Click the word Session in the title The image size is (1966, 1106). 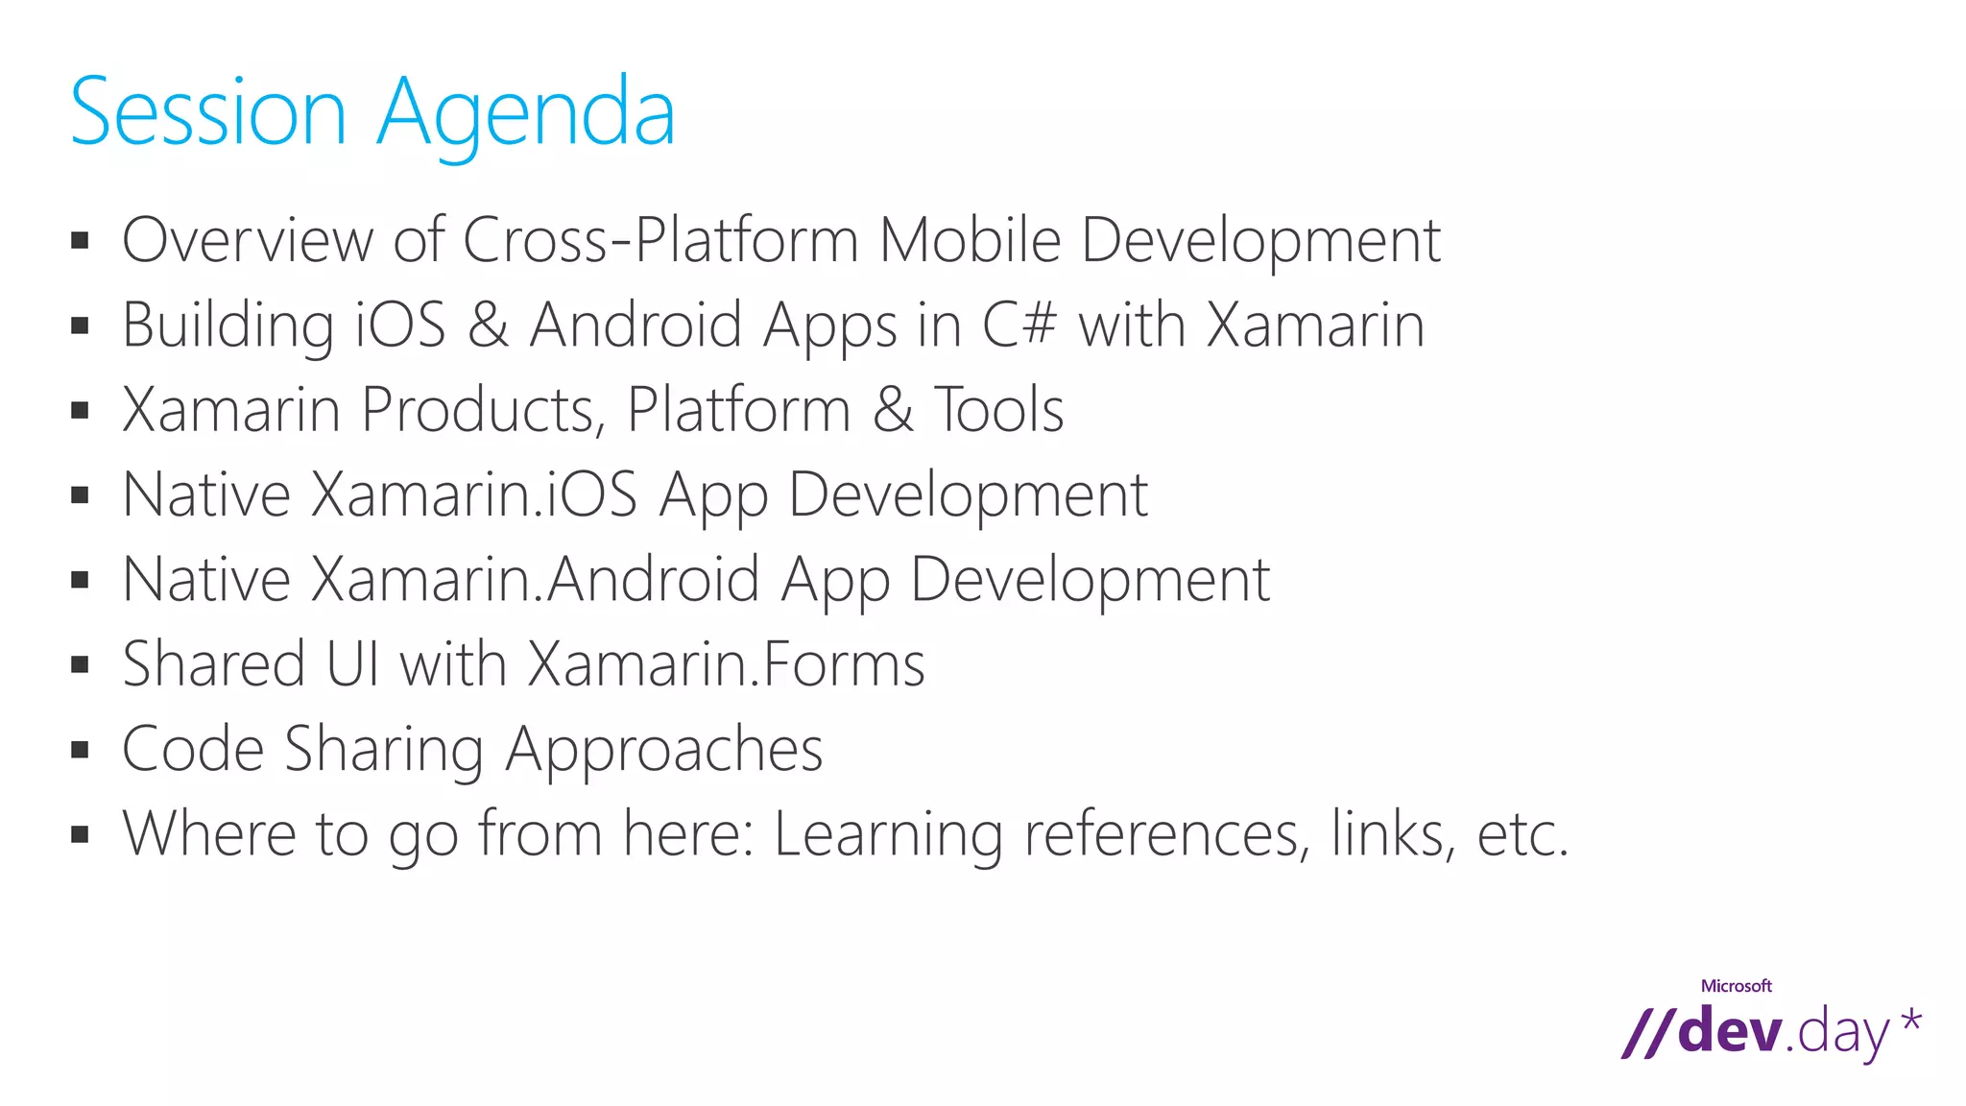[x=207, y=113]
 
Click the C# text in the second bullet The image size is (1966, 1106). [x=1019, y=325]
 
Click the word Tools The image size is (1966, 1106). [x=998, y=410]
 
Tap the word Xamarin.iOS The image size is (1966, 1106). [x=475, y=494]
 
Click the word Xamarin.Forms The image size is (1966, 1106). [x=726, y=664]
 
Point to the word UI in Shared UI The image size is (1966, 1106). [x=352, y=664]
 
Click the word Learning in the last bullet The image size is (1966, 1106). [x=888, y=834]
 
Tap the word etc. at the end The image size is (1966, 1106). [x=1522, y=834]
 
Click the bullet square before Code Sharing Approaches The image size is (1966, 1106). [x=80, y=749]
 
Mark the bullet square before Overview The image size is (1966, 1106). [x=80, y=240]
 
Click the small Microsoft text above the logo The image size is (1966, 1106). [x=1736, y=986]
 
